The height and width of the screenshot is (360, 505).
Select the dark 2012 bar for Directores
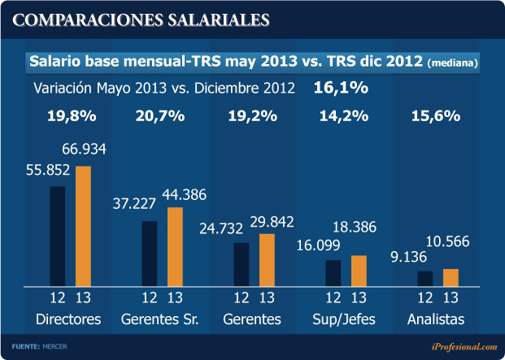57,236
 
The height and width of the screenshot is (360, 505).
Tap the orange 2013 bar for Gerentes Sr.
175,246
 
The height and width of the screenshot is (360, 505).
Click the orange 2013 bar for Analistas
451,276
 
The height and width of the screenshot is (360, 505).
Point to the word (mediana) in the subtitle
451,63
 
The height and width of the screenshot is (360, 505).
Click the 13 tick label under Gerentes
266,297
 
